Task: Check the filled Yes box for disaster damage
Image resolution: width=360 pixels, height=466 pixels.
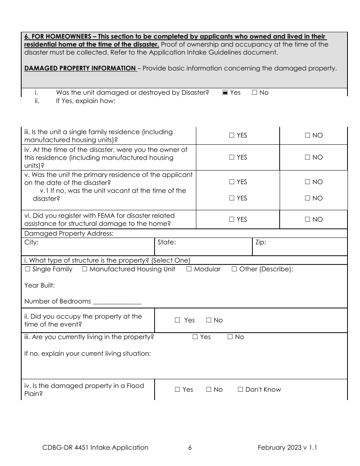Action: tap(225, 92)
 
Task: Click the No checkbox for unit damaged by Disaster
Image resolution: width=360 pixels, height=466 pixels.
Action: tap(254, 92)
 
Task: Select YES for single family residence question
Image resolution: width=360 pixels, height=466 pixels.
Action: tap(232, 135)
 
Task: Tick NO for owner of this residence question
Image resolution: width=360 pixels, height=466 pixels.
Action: tap(307, 157)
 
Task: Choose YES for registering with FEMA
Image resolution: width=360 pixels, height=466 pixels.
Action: tap(232, 219)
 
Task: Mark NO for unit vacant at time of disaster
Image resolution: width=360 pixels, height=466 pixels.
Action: tap(307, 198)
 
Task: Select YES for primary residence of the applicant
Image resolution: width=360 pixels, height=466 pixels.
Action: tap(232, 182)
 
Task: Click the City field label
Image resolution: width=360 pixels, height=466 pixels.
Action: tap(31, 242)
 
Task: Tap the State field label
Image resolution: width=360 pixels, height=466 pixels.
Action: tap(166, 242)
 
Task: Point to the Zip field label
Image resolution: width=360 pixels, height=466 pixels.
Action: tap(261, 242)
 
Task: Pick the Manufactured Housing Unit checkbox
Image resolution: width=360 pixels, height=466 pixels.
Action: tap(85, 269)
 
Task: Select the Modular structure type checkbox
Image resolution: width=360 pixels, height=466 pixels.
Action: tap(189, 269)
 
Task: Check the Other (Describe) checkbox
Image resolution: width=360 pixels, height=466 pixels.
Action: tap(234, 269)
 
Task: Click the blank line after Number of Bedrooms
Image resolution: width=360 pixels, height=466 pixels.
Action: tap(117, 302)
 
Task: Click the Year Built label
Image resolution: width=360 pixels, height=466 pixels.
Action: tap(39, 285)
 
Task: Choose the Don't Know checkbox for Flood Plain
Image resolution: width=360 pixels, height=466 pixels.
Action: tap(240, 389)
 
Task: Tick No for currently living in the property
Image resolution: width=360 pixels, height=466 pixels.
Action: tap(230, 337)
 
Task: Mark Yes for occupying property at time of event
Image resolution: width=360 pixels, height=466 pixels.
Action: tap(177, 320)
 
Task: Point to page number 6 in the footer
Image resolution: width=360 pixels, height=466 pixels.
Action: tap(190, 447)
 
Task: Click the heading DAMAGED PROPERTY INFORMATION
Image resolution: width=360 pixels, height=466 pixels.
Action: tap(80, 68)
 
